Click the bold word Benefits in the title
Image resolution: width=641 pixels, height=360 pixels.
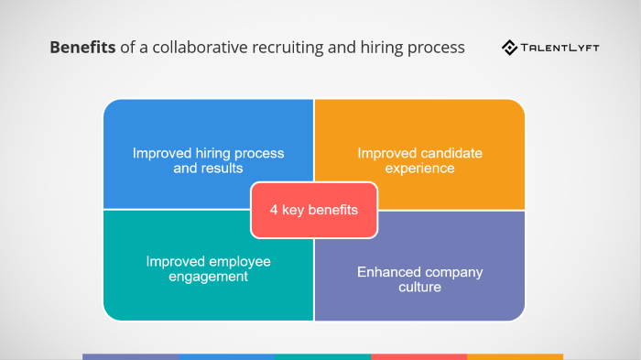[82, 48]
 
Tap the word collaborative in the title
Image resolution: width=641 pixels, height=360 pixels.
[192, 48]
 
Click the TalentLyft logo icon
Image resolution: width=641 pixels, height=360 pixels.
[509, 47]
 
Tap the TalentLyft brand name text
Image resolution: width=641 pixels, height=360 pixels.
[560, 47]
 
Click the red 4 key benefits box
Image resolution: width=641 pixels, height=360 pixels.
[313, 210]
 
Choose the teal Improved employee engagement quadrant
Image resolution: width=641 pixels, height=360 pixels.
[174, 284]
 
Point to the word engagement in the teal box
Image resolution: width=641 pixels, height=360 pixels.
[209, 276]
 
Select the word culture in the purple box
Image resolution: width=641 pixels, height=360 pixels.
[419, 288]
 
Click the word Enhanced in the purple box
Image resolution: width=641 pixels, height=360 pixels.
[387, 272]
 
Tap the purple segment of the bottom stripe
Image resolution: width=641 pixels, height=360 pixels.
[130, 356]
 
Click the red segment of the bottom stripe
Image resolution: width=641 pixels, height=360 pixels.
[418, 356]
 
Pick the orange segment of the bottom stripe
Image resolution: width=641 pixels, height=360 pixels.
[515, 356]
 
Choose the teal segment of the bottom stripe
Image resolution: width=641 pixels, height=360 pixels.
[322, 356]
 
